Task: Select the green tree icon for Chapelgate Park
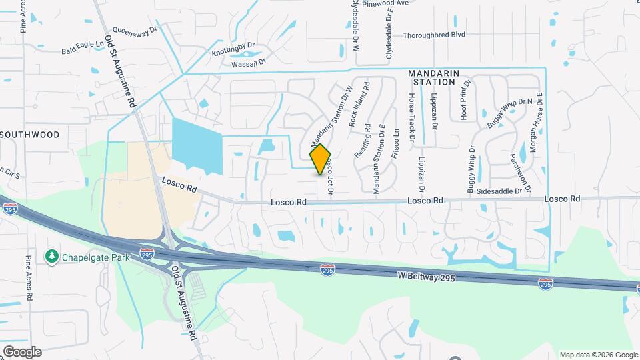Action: click(51, 257)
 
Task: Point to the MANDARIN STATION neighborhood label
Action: click(434, 77)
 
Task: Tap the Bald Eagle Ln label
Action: click(83, 47)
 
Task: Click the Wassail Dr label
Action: click(249, 62)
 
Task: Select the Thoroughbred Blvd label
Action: click(434, 35)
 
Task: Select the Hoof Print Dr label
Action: click(466, 100)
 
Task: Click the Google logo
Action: click(22, 352)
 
